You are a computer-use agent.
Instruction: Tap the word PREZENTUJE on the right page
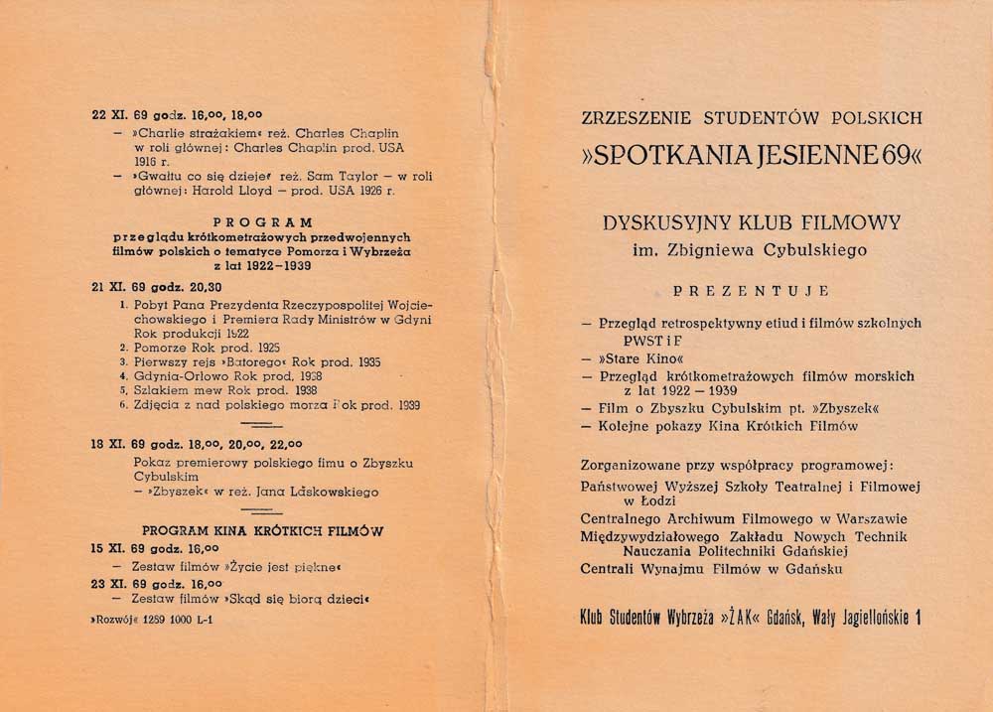[x=751, y=291]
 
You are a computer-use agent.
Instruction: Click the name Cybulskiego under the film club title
[x=812, y=251]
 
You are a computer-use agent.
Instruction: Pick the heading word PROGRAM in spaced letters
[x=263, y=222]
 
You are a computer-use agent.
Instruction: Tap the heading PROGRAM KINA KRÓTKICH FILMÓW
[x=263, y=530]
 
